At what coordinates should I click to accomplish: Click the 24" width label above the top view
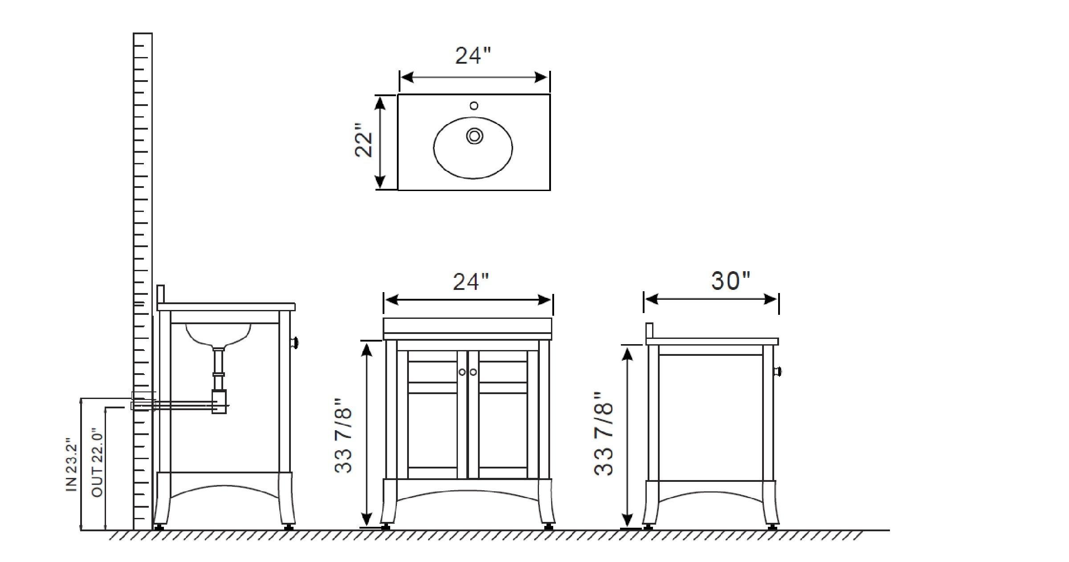pyautogui.click(x=473, y=56)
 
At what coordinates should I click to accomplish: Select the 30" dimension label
pyautogui.click(x=730, y=281)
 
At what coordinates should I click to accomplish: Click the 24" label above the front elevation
pyautogui.click(x=471, y=281)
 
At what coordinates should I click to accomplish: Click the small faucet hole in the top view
pyautogui.click(x=474, y=106)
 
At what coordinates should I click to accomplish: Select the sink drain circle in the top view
pyautogui.click(x=474, y=136)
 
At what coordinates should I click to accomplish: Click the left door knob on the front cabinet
pyautogui.click(x=462, y=372)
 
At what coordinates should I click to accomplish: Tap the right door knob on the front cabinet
pyautogui.click(x=473, y=372)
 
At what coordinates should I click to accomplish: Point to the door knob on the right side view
pyautogui.click(x=778, y=371)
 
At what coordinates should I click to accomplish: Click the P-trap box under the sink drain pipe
pyautogui.click(x=219, y=401)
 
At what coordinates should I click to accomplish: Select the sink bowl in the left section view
pyautogui.click(x=218, y=334)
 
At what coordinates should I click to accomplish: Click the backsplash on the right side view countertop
pyautogui.click(x=649, y=331)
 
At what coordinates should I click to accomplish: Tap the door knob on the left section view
pyautogui.click(x=294, y=342)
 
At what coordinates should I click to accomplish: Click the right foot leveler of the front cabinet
pyautogui.click(x=548, y=527)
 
